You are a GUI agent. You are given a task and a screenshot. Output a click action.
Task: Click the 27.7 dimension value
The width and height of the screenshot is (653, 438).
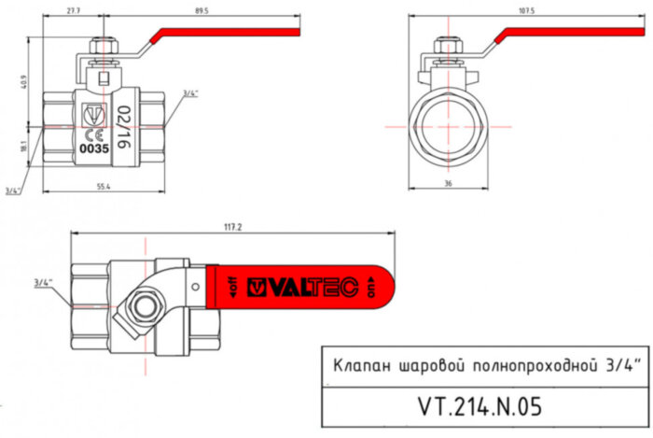click(72, 9)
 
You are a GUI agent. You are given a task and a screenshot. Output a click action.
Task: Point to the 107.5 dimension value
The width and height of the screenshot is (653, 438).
click(526, 10)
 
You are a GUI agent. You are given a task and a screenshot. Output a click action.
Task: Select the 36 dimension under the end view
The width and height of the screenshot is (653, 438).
click(449, 184)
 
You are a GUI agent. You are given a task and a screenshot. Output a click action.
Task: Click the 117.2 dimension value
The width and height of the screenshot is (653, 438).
click(233, 227)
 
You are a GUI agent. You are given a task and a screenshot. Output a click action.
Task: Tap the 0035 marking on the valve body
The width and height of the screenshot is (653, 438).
click(94, 148)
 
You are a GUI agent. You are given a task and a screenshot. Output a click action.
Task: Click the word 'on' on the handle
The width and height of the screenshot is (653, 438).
click(373, 289)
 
